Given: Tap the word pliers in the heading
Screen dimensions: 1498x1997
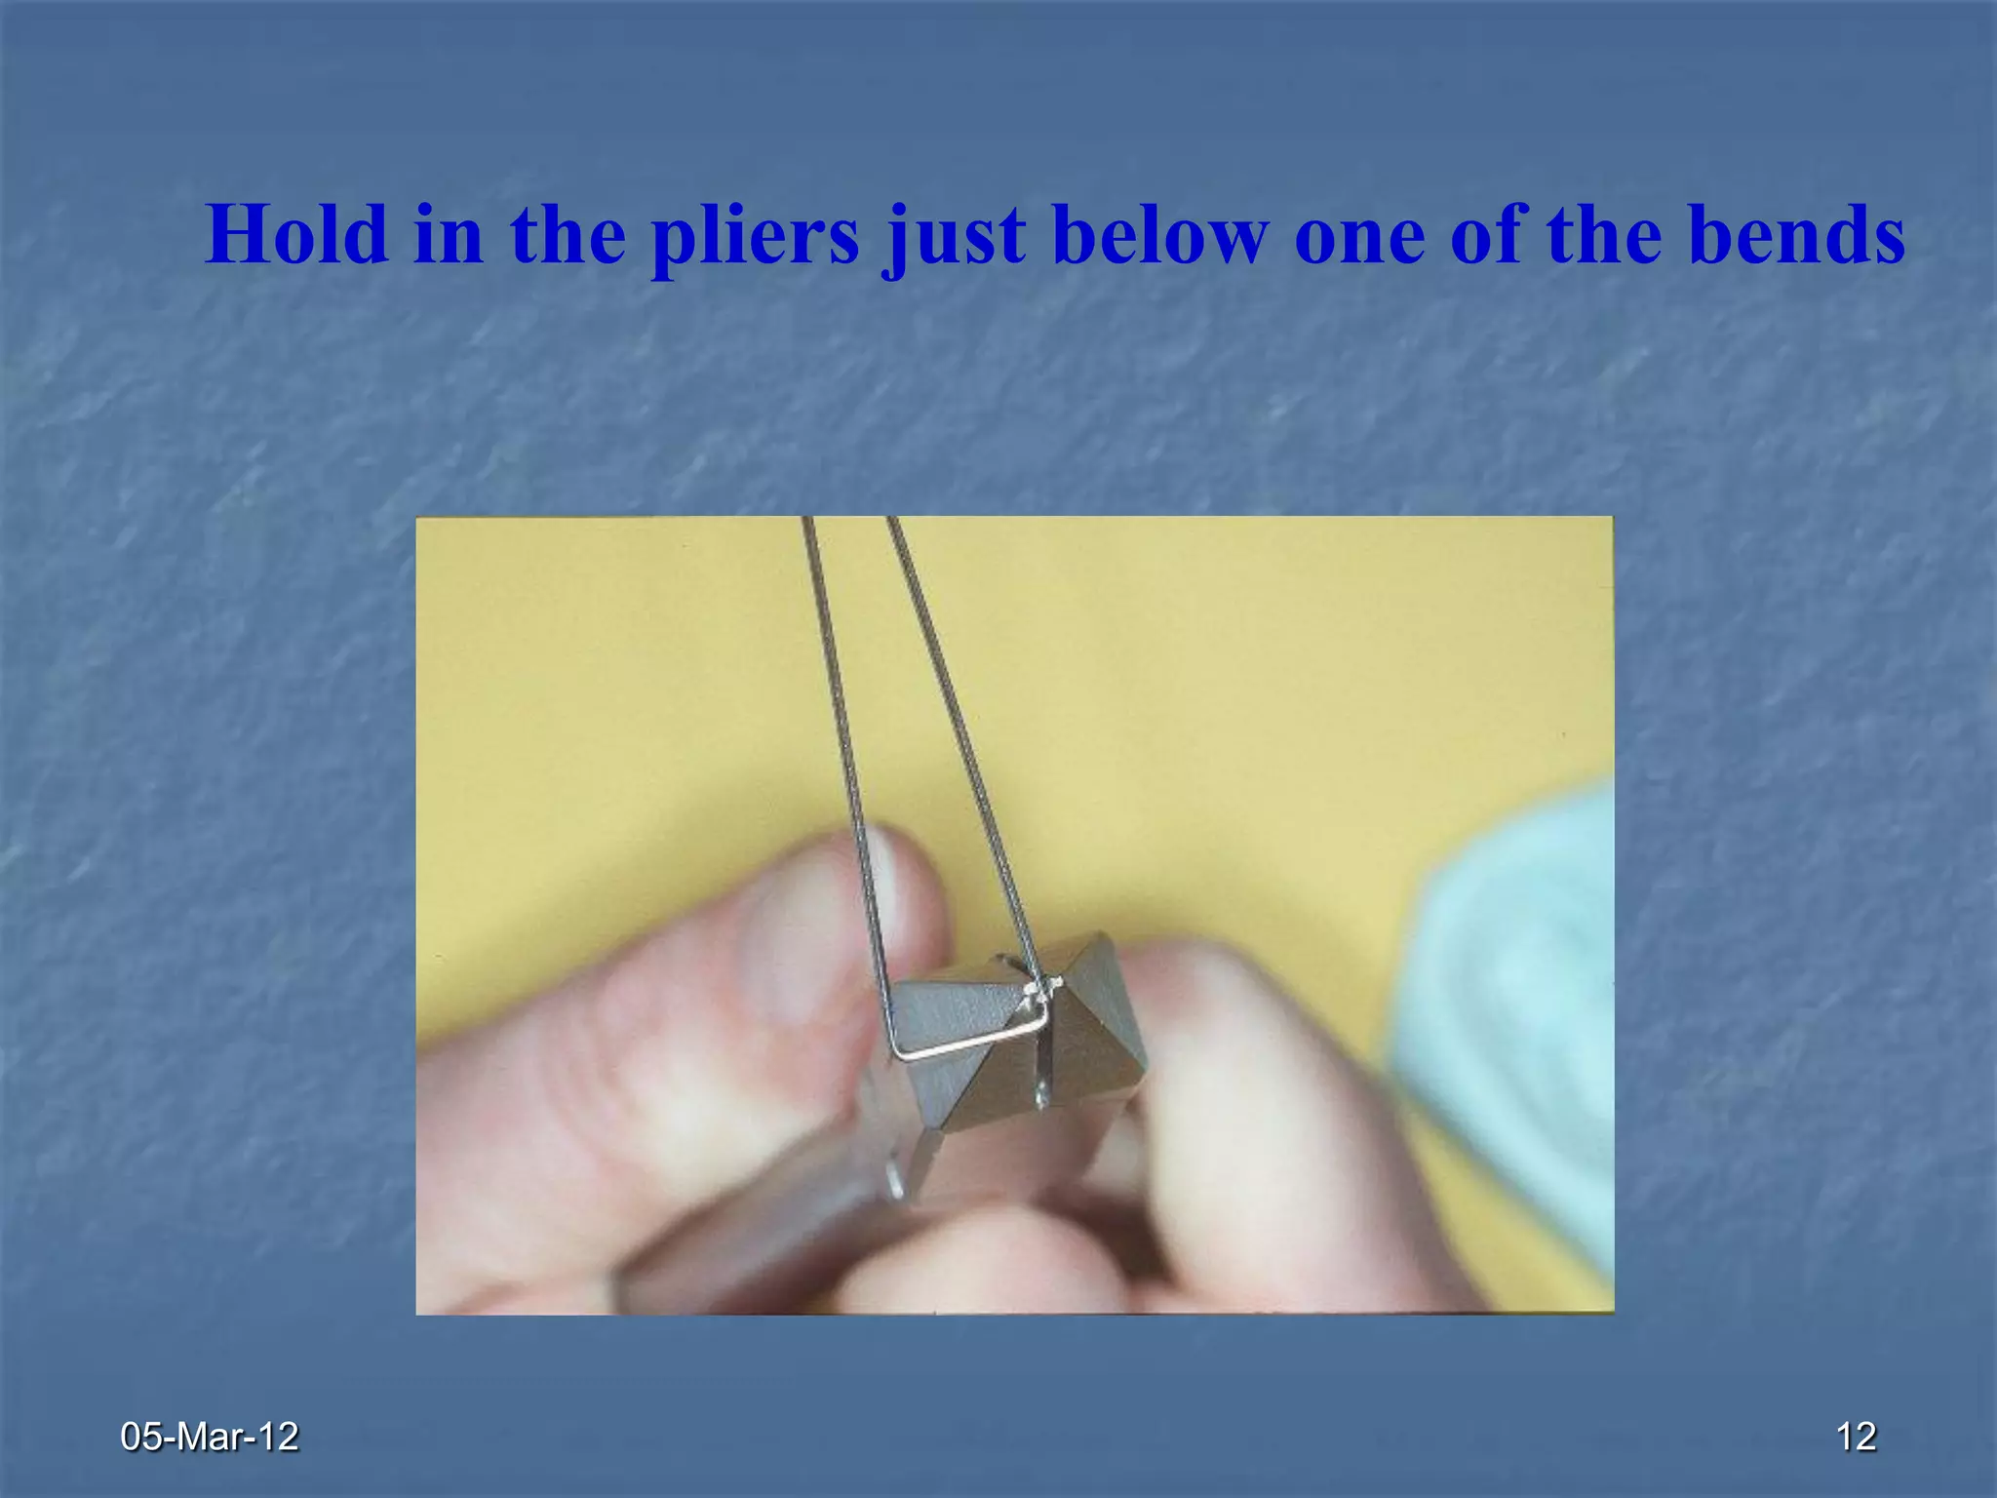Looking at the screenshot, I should pyautogui.click(x=756, y=236).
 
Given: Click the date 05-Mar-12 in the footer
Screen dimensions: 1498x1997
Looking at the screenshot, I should pyautogui.click(x=210, y=1436).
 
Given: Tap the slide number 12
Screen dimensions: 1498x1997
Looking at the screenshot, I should pyautogui.click(x=1856, y=1436).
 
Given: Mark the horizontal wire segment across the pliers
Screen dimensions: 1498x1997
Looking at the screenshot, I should pyautogui.click(x=970, y=1039).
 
